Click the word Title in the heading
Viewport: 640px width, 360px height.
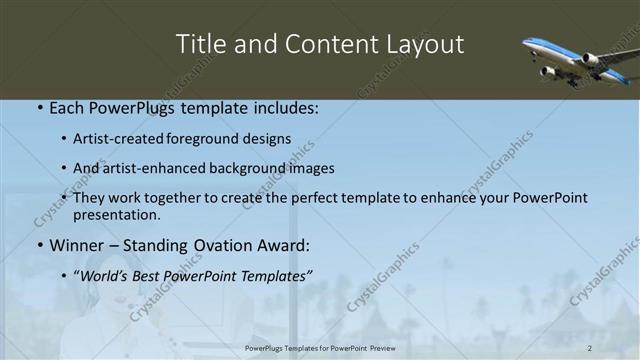[x=199, y=44]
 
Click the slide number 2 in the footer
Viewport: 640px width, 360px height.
[x=590, y=348]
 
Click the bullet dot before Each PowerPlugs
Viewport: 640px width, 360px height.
[x=39, y=106]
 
